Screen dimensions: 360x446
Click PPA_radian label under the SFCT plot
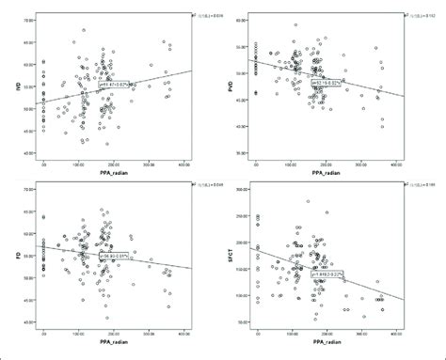[x=333, y=347]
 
